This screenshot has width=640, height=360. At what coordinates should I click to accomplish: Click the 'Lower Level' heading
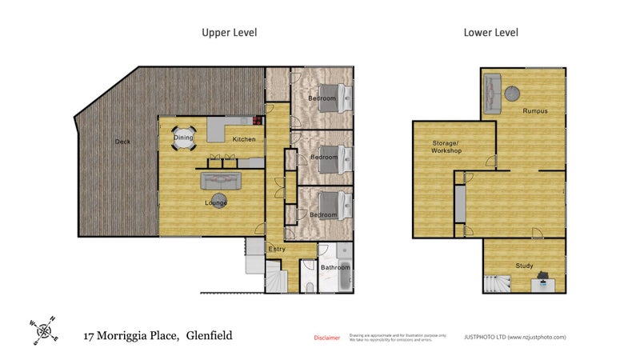pos(490,33)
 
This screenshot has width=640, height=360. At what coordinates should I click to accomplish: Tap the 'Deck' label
pos(122,142)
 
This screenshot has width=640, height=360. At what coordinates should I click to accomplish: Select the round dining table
pos(185,138)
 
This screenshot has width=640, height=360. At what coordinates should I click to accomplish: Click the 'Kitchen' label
pos(244,140)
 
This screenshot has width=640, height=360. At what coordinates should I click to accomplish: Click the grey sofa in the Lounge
pos(218,180)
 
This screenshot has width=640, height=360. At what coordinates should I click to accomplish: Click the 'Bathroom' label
pos(335,267)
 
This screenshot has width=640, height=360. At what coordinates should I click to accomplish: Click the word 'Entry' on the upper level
pos(276,249)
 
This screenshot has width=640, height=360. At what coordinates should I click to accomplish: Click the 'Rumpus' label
pos(534,110)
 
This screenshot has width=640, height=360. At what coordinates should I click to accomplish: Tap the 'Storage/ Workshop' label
pos(446,146)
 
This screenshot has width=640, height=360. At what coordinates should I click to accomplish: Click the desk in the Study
pos(543,281)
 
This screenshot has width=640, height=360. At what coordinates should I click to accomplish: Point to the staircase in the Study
pos(497,282)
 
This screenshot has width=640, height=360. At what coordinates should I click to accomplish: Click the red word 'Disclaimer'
pos(326,338)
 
